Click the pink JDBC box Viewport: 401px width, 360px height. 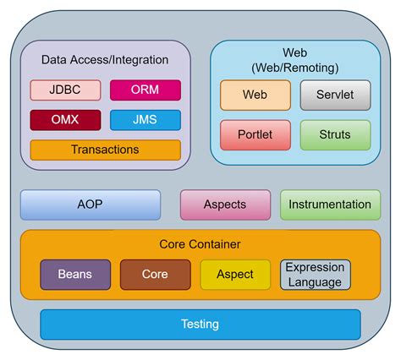(65, 90)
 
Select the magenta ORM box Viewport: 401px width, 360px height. (145, 90)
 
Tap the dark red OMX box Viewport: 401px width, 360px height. (65, 120)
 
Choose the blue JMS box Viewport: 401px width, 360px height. (145, 120)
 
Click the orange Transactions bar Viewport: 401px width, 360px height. (105, 150)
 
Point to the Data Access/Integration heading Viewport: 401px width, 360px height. (105, 60)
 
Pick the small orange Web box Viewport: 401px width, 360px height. (255, 95)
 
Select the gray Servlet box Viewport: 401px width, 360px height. (335, 95)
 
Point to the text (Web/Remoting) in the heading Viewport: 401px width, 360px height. (294, 67)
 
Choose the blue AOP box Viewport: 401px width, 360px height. (90, 205)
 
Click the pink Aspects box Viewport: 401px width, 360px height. (225, 205)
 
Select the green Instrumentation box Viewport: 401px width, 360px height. (329, 205)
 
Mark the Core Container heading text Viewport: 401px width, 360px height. (200, 244)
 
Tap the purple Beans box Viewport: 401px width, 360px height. (75, 275)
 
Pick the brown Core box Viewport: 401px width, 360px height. (155, 275)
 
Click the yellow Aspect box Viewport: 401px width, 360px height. (234, 275)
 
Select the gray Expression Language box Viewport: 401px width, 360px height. (314, 275)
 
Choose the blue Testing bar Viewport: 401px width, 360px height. (200, 325)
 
